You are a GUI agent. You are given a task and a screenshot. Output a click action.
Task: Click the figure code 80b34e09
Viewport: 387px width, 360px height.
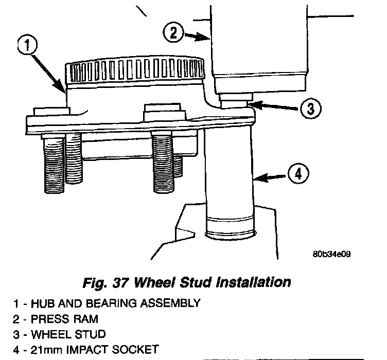331,254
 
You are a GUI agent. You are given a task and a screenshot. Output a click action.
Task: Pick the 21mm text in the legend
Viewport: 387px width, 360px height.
44,350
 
